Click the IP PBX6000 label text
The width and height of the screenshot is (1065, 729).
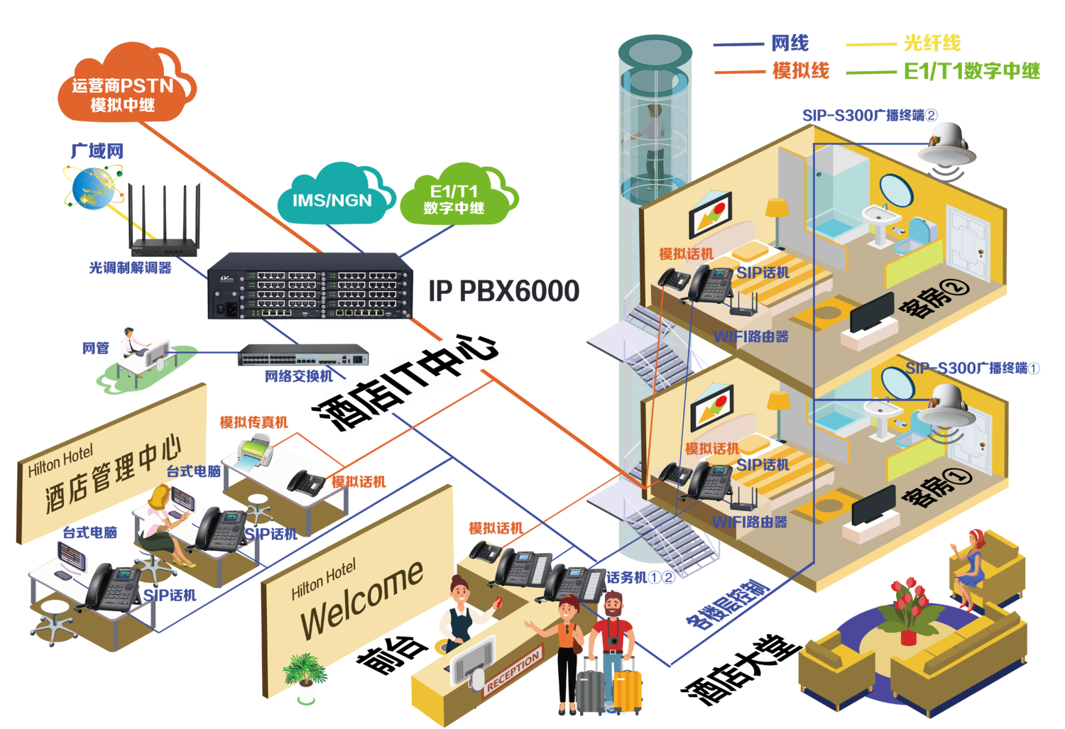(x=503, y=290)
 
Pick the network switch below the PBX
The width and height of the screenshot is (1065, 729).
(x=303, y=354)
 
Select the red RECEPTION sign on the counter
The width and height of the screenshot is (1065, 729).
(x=513, y=670)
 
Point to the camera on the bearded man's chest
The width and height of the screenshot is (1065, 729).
(x=613, y=641)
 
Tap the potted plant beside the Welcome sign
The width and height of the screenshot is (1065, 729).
(x=305, y=674)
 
